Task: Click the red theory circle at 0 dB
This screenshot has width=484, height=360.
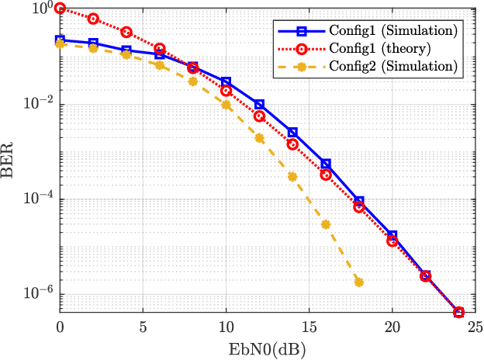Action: tap(60, 9)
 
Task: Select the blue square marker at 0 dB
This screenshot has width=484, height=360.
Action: tap(60, 40)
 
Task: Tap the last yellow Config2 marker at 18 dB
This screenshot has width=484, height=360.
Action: tap(359, 282)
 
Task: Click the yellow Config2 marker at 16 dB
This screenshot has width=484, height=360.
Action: tap(326, 224)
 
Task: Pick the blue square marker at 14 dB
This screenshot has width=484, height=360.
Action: tap(292, 133)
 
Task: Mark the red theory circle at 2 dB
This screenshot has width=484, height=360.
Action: tap(93, 18)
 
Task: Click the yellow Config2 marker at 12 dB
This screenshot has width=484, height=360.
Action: tap(259, 138)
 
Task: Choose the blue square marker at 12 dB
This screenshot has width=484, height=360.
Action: tap(259, 105)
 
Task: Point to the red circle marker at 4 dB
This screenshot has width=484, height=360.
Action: tap(126, 32)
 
